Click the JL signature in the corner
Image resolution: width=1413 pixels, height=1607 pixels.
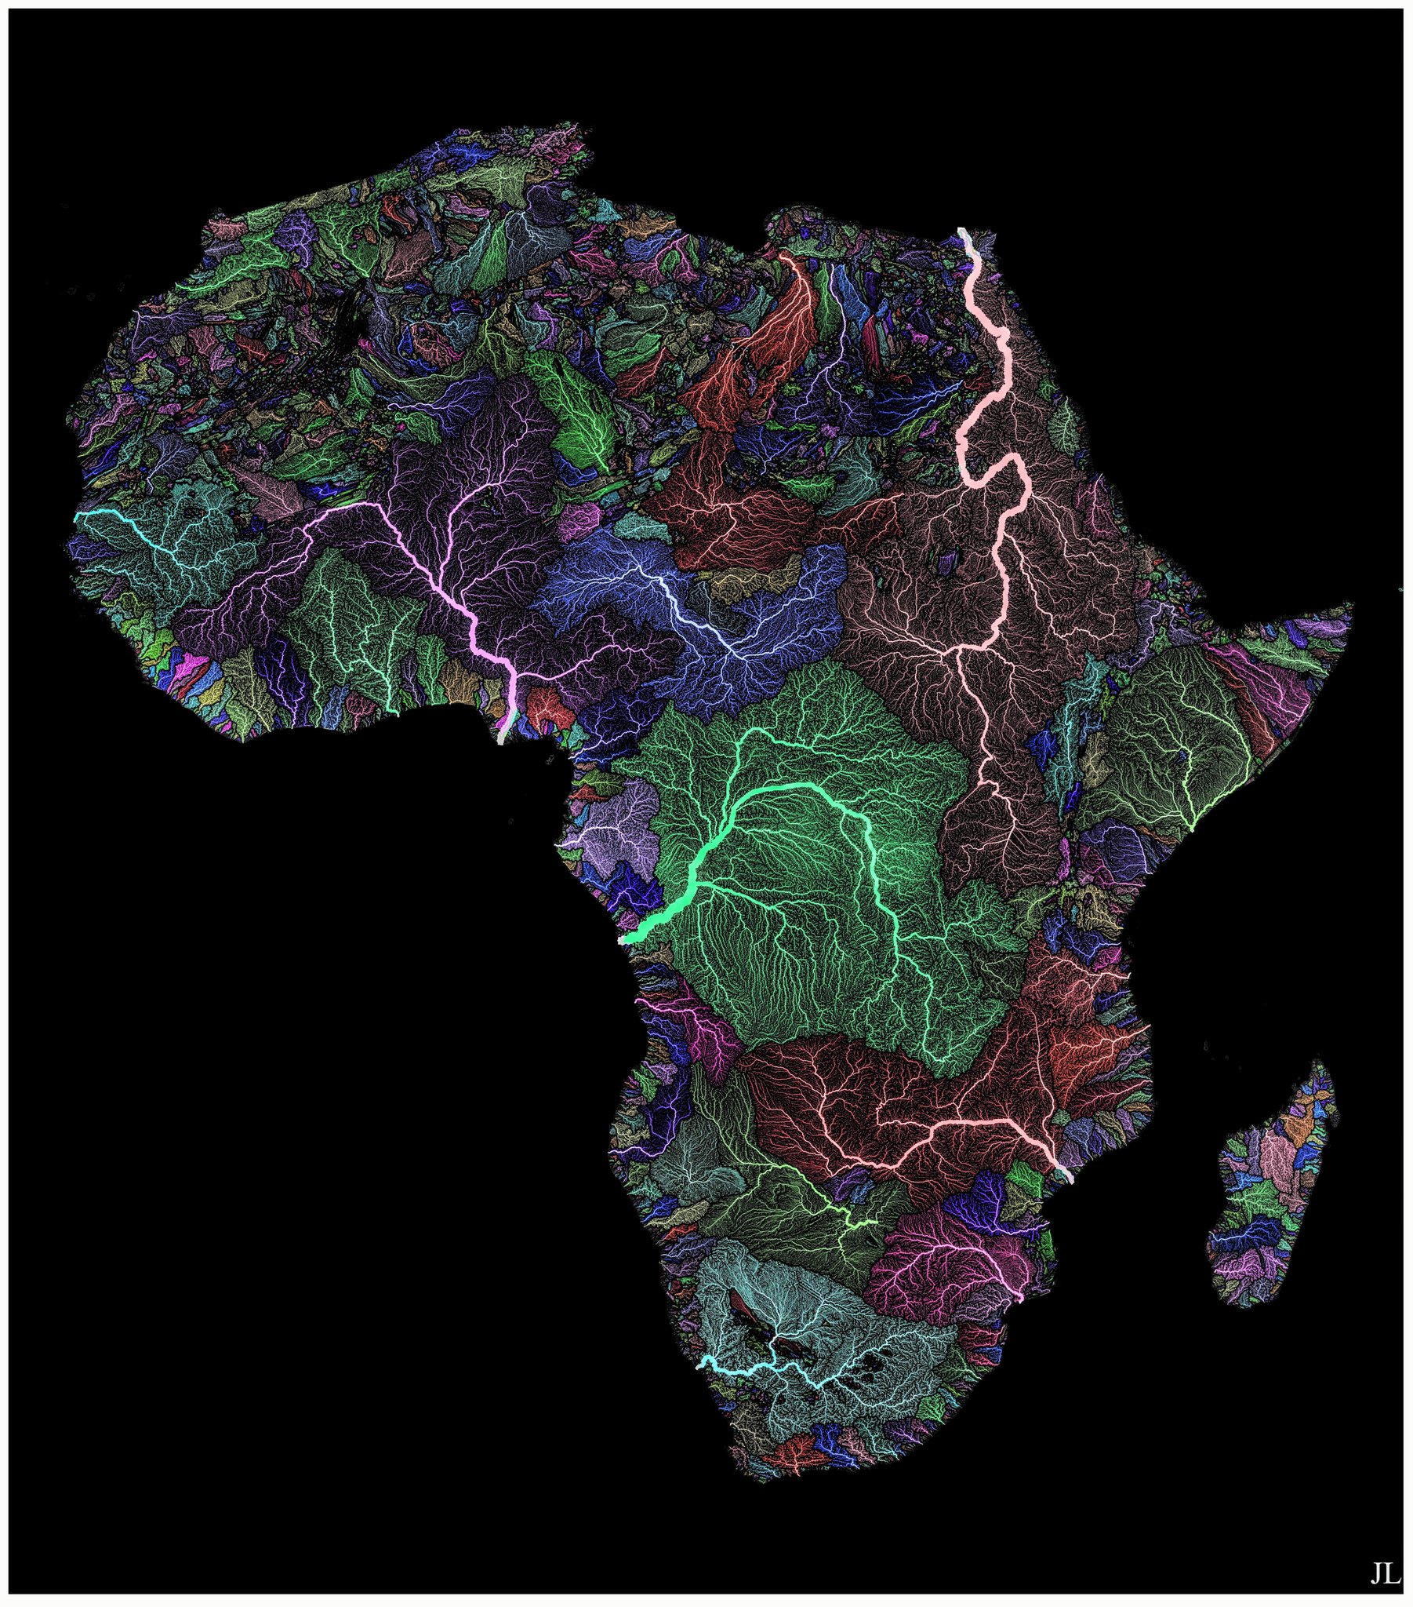coord(1386,1573)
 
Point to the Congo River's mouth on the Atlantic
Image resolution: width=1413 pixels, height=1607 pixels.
coord(623,938)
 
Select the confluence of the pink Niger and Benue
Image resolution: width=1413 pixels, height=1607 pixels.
coord(515,676)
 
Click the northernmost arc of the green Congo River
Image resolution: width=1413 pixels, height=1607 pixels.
coord(754,731)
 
